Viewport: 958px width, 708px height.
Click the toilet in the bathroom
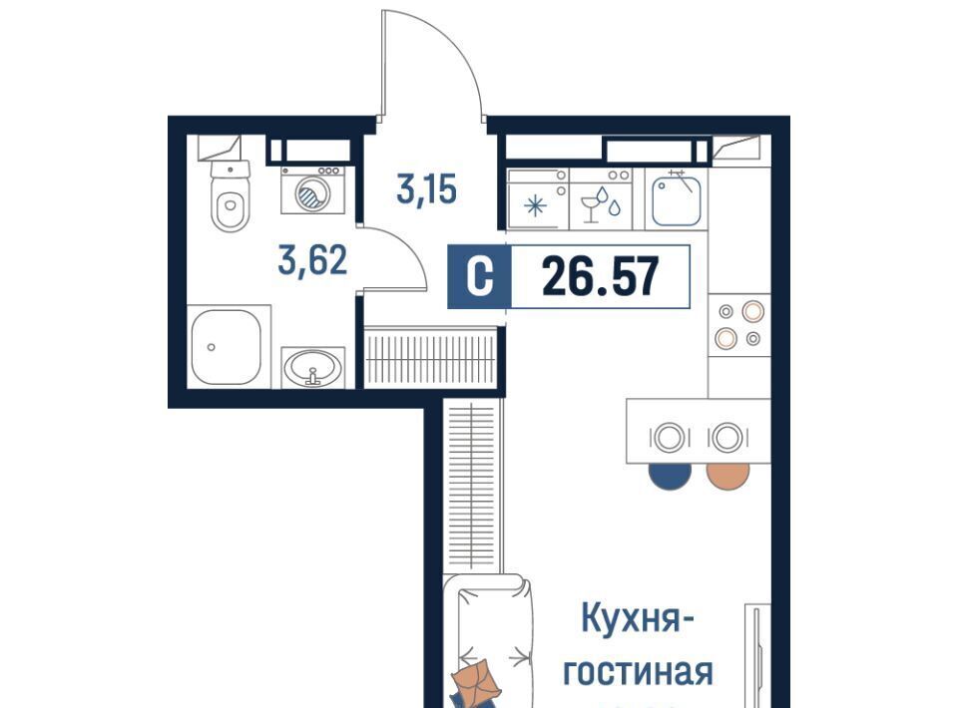pyautogui.click(x=231, y=195)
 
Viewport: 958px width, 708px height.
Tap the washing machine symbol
pyautogui.click(x=312, y=189)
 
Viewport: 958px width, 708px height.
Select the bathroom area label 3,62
pyautogui.click(x=312, y=260)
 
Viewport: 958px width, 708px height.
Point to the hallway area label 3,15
pyautogui.click(x=426, y=188)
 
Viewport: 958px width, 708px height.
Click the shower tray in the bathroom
pyautogui.click(x=227, y=347)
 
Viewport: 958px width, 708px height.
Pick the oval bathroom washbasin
pyautogui.click(x=312, y=369)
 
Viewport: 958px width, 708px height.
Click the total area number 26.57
pyautogui.click(x=600, y=276)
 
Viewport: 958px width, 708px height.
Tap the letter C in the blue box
pyautogui.click(x=479, y=276)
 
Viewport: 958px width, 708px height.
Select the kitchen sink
pyautogui.click(x=676, y=199)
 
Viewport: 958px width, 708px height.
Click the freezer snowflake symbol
pyautogui.click(x=535, y=205)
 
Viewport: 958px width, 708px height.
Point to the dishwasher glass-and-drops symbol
pyautogui.click(x=600, y=204)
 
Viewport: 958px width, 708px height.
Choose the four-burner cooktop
pyautogui.click(x=739, y=325)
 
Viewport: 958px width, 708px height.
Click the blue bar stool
pyautogui.click(x=670, y=476)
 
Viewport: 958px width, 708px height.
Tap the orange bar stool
pyautogui.click(x=727, y=476)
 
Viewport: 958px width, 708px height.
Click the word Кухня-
pyautogui.click(x=638, y=619)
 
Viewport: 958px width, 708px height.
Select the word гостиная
pyautogui.click(x=638, y=671)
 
